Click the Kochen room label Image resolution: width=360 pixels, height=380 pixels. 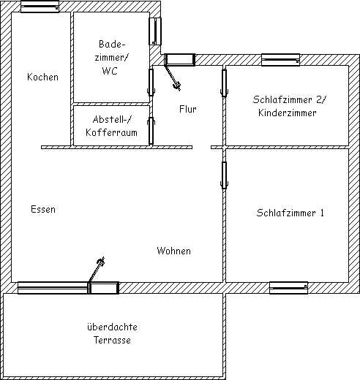(42, 77)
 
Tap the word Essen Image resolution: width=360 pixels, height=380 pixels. (43, 209)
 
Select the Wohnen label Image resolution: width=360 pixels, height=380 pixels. (173, 251)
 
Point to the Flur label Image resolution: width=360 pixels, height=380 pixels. (187, 109)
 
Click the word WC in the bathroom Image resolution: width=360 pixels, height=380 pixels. (110, 71)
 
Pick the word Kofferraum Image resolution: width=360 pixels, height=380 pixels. (111, 132)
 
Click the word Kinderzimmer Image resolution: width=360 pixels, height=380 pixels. (288, 113)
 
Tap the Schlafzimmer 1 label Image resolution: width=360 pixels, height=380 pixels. (290, 213)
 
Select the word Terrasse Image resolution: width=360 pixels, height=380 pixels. (112, 340)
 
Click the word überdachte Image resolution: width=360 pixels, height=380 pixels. (112, 327)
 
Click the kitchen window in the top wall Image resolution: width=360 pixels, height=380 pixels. (40, 7)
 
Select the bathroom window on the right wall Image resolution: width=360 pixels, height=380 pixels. (155, 31)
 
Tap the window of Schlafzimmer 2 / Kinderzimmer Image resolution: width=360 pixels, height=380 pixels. (280, 60)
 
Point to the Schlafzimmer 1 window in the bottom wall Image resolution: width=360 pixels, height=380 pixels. (288, 288)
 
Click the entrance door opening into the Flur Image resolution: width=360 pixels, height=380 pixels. (179, 60)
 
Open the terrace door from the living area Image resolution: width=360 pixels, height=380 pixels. (104, 288)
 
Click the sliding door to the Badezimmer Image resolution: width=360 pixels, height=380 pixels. (151, 82)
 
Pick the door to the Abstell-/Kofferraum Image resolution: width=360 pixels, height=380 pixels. (151, 131)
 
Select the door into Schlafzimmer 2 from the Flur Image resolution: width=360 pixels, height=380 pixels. (224, 83)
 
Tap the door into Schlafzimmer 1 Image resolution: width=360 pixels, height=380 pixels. (224, 175)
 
